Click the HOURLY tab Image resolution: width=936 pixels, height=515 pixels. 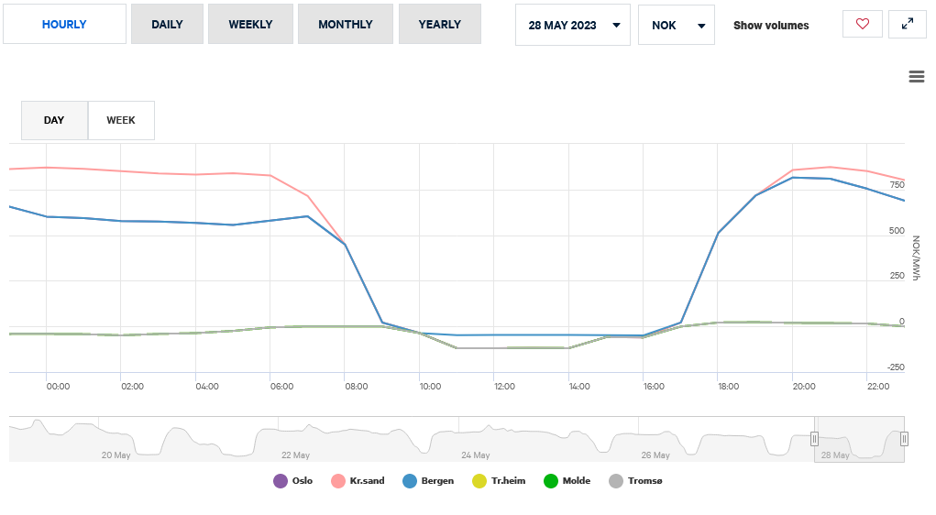point(64,25)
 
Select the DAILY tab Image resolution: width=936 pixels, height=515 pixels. point(167,25)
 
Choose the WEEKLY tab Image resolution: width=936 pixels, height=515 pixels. point(250,25)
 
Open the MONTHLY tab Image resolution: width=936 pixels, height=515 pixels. point(345,25)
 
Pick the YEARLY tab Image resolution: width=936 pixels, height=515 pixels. point(439,25)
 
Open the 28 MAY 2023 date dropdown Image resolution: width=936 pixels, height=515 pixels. point(573,26)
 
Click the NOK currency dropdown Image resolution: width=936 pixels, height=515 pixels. point(676,26)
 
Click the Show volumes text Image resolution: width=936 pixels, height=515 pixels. point(771,26)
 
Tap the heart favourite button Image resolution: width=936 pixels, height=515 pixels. point(862,25)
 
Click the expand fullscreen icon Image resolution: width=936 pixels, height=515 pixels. point(908,25)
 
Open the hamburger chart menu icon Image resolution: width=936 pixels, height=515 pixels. point(916,77)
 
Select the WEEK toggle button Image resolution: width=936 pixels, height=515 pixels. point(121,120)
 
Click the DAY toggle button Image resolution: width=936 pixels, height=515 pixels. point(54,120)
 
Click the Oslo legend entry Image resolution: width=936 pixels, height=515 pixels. point(293,481)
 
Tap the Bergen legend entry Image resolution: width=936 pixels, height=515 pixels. point(428,481)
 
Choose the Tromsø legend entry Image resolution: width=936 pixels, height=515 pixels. point(635,481)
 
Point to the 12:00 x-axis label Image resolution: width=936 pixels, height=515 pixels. point(506,387)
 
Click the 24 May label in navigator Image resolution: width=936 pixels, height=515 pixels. point(475,455)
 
